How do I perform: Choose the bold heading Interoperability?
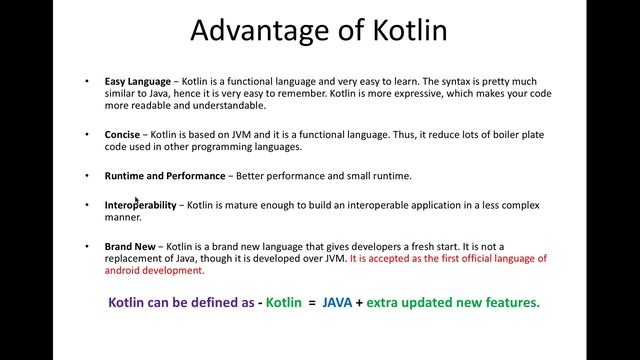coord(140,204)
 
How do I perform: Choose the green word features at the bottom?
coord(510,302)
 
